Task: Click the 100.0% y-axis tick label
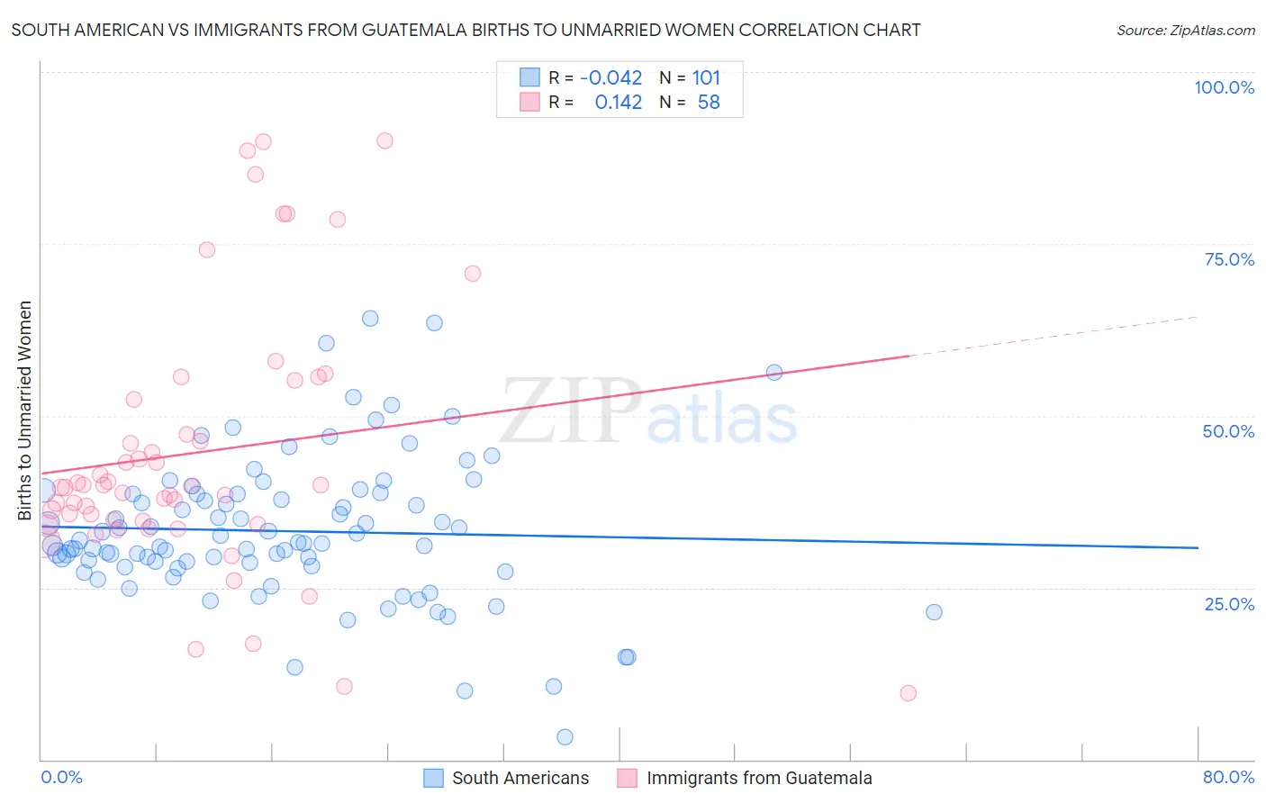(x=1224, y=87)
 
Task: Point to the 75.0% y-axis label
(x=1229, y=259)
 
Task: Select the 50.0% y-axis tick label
(x=1228, y=431)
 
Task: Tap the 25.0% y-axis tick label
(x=1229, y=604)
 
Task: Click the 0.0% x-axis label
(x=61, y=777)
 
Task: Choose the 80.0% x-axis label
(x=1228, y=777)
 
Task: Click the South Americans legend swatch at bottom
(x=434, y=778)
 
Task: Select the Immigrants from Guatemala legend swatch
(x=628, y=778)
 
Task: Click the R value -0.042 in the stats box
(x=610, y=77)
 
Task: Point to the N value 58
(x=709, y=103)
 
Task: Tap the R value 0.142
(x=618, y=103)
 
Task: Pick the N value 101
(x=706, y=77)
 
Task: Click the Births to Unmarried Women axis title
(x=25, y=411)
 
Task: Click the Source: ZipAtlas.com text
(x=1185, y=30)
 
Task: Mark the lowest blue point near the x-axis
(x=565, y=737)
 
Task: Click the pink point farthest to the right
(x=908, y=693)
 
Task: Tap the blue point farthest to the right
(x=934, y=612)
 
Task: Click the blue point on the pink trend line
(x=773, y=373)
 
